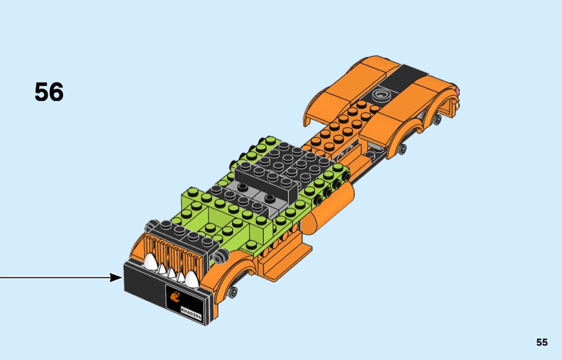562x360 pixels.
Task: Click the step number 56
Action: [49, 92]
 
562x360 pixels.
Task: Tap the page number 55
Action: [542, 342]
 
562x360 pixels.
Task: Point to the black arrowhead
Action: [116, 277]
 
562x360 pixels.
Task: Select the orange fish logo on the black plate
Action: [174, 297]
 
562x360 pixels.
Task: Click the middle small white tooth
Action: [172, 274]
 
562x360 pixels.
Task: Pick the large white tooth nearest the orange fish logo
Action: [192, 278]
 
